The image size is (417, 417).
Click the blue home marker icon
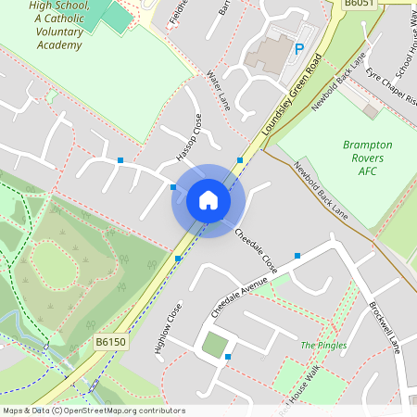[x=208, y=200]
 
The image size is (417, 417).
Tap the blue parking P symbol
[x=298, y=49]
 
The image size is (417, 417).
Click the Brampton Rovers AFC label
[x=367, y=158]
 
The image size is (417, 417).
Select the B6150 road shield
[x=109, y=342]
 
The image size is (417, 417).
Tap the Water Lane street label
[x=218, y=88]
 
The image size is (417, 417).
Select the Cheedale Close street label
[x=255, y=249]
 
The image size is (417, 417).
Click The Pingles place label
[x=323, y=346]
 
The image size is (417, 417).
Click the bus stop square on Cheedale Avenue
[x=297, y=256]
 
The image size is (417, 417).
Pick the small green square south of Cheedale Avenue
[x=215, y=345]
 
